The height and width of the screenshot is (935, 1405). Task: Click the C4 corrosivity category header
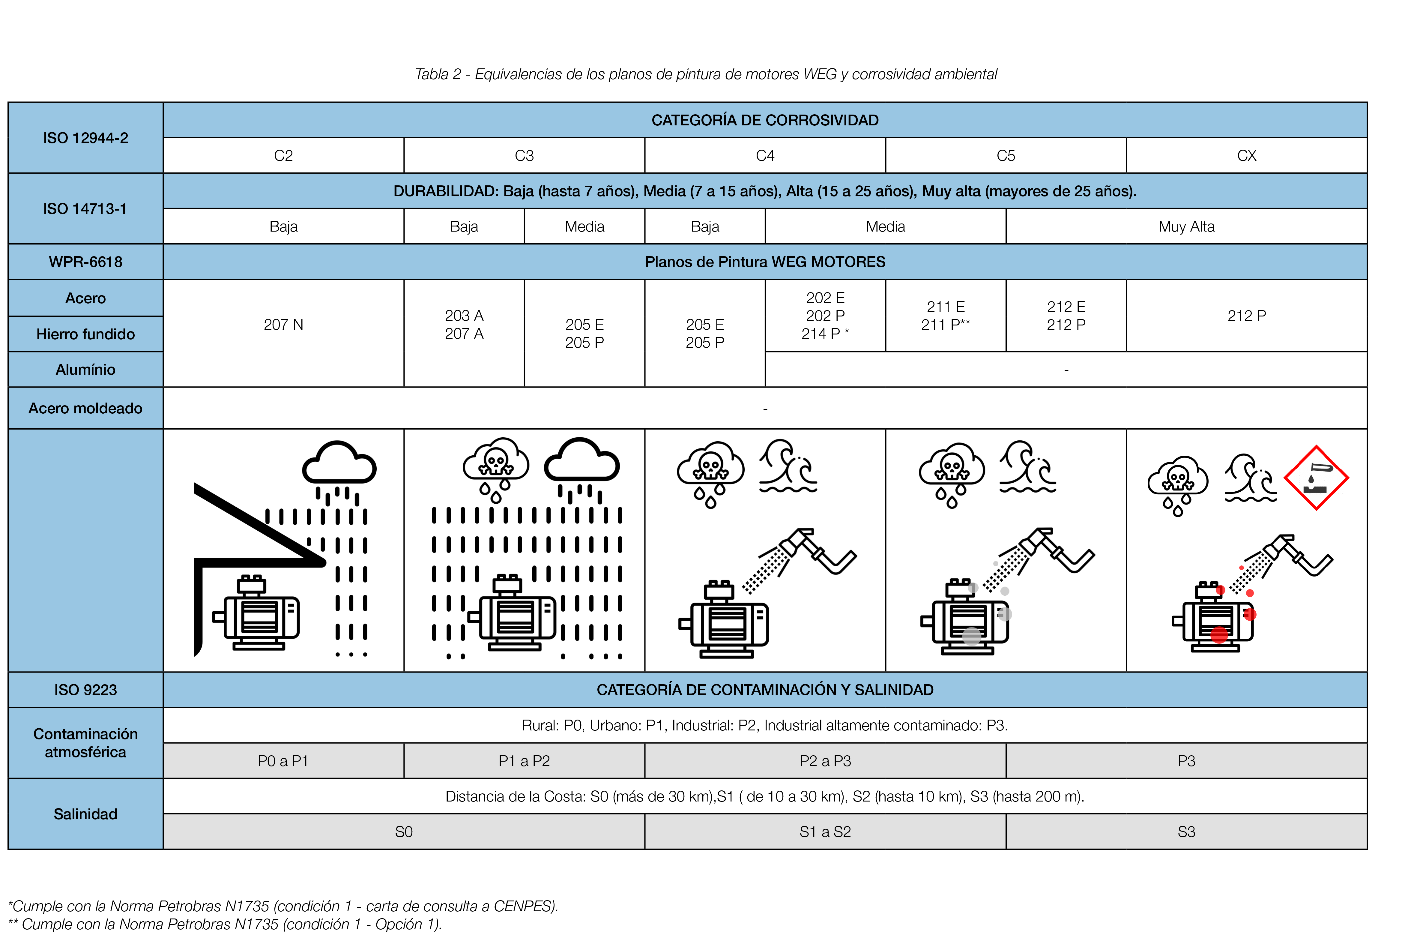pyautogui.click(x=765, y=156)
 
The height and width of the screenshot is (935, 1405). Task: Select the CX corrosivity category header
pyautogui.click(x=1246, y=156)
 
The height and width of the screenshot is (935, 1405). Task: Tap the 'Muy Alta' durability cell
pyautogui.click(x=1186, y=226)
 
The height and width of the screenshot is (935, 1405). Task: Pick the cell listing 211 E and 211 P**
pyautogui.click(x=945, y=316)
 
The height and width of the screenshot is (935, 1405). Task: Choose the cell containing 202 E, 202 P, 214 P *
pyautogui.click(x=825, y=316)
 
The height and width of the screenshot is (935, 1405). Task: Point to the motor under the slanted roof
pyautogui.click(x=256, y=613)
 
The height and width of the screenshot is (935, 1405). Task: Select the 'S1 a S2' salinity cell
pyautogui.click(x=825, y=832)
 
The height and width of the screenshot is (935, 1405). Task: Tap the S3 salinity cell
pyautogui.click(x=1186, y=832)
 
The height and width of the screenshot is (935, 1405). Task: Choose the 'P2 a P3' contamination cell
pyautogui.click(x=825, y=761)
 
